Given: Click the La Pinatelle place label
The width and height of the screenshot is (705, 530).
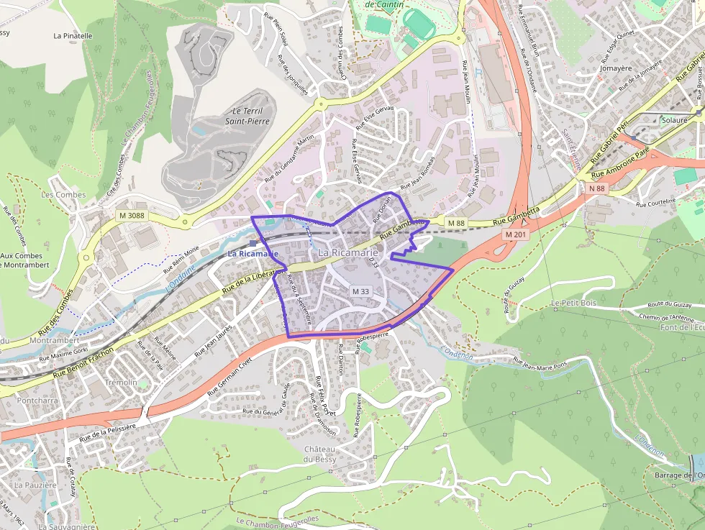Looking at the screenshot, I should pyautogui.click(x=73, y=35).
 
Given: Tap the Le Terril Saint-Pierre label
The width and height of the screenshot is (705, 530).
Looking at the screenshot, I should pyautogui.click(x=244, y=116).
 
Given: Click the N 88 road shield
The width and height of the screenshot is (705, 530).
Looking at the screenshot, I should pyautogui.click(x=596, y=188).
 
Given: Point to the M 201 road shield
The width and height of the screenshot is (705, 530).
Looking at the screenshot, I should pyautogui.click(x=515, y=234).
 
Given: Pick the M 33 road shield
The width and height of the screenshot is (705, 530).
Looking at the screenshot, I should pyautogui.click(x=360, y=291).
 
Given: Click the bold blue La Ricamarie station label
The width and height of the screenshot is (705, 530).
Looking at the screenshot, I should pyautogui.click(x=253, y=254).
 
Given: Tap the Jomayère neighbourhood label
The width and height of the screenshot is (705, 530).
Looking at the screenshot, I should pyautogui.click(x=615, y=69).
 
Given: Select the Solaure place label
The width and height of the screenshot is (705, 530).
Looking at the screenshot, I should pyautogui.click(x=675, y=120).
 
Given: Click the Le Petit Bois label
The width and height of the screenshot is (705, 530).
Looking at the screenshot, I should pyautogui.click(x=575, y=303).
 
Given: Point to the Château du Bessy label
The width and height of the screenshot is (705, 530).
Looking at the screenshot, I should pyautogui.click(x=320, y=454).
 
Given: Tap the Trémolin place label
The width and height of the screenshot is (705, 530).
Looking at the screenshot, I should pyautogui.click(x=121, y=383).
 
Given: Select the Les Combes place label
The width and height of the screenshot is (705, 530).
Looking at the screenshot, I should pyautogui.click(x=63, y=195).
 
